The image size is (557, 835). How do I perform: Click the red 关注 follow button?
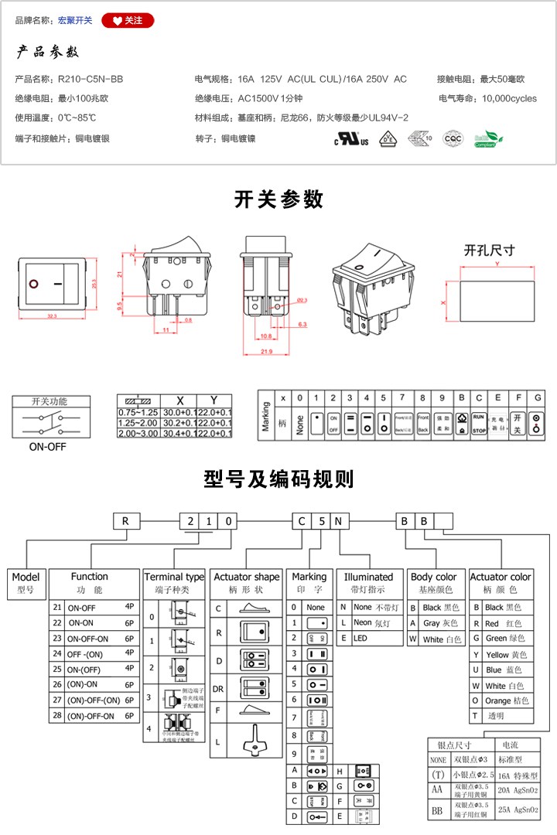click(x=128, y=20)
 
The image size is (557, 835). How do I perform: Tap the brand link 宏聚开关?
click(x=75, y=20)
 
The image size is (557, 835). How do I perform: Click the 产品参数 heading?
click(x=48, y=53)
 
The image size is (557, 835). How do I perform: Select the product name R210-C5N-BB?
click(x=91, y=79)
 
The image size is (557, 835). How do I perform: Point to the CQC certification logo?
click(x=453, y=138)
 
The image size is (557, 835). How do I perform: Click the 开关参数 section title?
click(x=278, y=199)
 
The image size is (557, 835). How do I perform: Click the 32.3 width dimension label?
click(x=53, y=316)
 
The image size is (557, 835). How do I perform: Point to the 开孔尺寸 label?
click(x=490, y=250)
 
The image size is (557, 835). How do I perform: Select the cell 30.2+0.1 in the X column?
click(x=180, y=422)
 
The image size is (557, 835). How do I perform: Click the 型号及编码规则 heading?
click(x=278, y=479)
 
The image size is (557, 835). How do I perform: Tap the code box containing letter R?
click(x=125, y=520)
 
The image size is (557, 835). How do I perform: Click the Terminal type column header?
click(x=175, y=577)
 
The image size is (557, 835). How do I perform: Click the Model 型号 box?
click(x=26, y=581)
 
